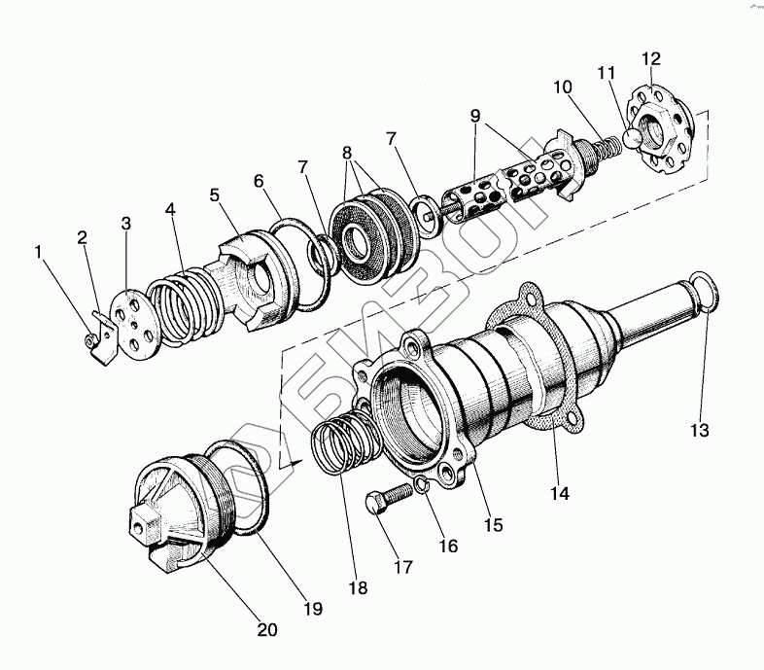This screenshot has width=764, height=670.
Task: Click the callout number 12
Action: (650, 59)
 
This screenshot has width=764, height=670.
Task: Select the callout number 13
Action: (702, 429)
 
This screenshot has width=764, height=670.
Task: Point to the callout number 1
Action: (40, 252)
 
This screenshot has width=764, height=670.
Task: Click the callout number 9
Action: (475, 115)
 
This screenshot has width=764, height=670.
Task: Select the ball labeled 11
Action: (633, 136)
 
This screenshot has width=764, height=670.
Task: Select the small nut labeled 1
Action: (90, 339)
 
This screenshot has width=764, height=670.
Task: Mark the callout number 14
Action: (558, 492)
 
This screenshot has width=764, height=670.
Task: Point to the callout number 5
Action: (216, 195)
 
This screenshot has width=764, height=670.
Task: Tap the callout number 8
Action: (346, 153)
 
